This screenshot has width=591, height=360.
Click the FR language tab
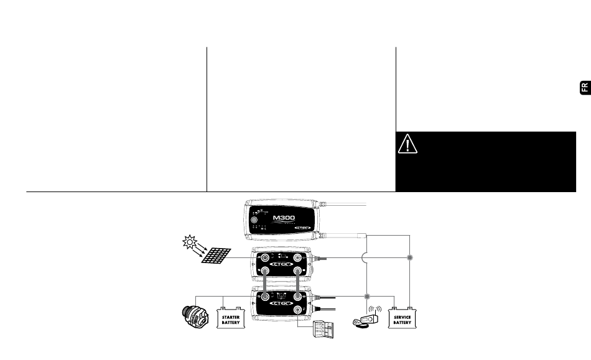tap(584, 88)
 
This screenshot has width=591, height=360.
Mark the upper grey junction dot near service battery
tap(409, 257)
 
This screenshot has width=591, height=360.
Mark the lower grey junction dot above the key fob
tap(366, 297)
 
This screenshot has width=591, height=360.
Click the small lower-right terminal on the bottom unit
tap(298, 310)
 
